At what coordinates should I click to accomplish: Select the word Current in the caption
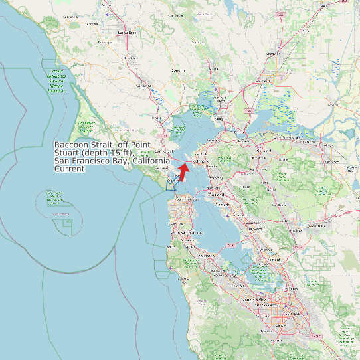(70, 169)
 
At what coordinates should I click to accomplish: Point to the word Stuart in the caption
(68, 153)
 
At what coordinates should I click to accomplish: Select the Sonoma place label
(178, 70)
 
